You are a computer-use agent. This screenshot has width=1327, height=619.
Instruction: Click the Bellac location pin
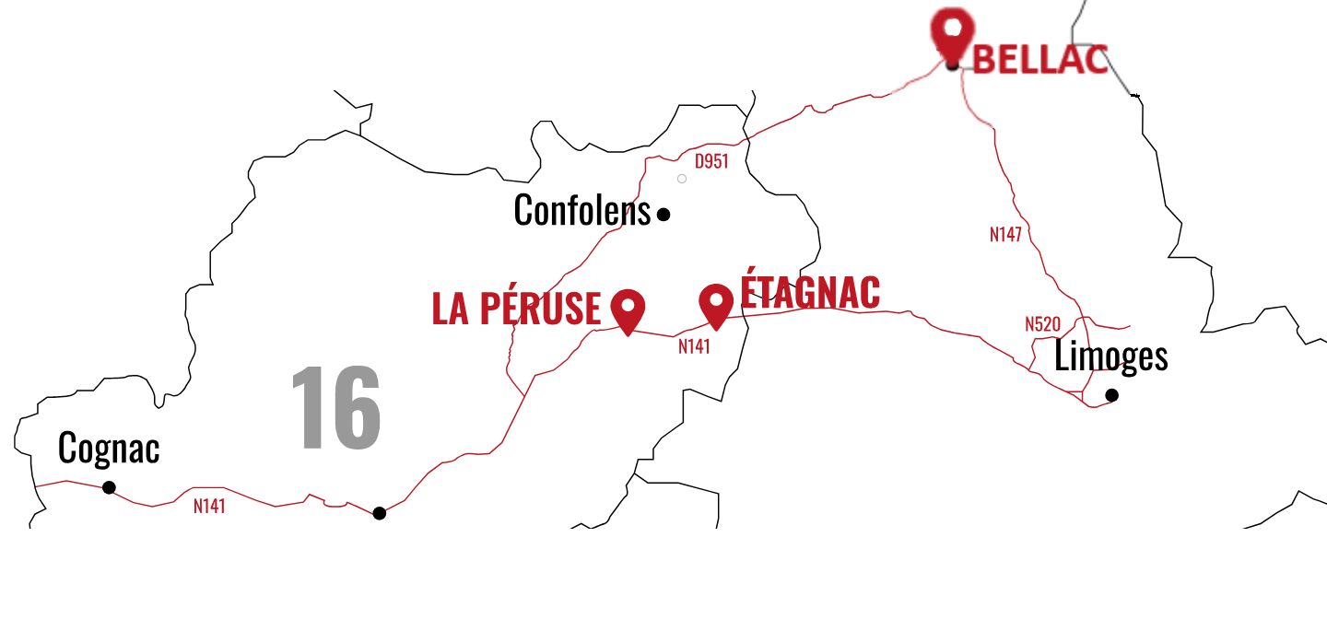tap(952, 32)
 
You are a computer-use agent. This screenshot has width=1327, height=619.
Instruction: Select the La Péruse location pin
tap(628, 308)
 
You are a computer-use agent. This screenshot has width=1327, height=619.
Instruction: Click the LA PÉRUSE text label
tap(516, 309)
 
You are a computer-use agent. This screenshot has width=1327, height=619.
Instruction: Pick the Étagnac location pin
tap(716, 303)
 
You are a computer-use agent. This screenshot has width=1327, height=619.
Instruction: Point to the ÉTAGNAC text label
tap(810, 291)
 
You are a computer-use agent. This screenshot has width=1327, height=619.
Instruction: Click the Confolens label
tap(581, 211)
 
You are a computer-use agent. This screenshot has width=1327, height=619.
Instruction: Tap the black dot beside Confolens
tap(663, 215)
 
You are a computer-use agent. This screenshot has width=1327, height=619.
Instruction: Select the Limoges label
tap(1110, 356)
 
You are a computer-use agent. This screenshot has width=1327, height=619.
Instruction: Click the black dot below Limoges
tap(1111, 395)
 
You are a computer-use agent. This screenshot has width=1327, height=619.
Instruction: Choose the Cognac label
tap(109, 449)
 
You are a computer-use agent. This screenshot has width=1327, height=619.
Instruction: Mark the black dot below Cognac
tap(109, 487)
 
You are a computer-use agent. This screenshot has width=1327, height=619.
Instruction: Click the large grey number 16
tap(335, 407)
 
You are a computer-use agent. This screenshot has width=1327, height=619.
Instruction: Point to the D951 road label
tap(711, 162)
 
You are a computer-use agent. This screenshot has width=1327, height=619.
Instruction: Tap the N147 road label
tap(1005, 234)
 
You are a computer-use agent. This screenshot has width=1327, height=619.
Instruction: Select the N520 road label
tap(1042, 324)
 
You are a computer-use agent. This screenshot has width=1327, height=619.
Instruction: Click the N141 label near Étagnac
tap(694, 346)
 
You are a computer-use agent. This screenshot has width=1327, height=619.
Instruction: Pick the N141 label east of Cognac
tap(209, 506)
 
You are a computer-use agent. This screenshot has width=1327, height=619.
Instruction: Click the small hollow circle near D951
tap(682, 179)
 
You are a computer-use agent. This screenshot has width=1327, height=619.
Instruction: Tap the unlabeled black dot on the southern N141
tap(379, 513)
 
